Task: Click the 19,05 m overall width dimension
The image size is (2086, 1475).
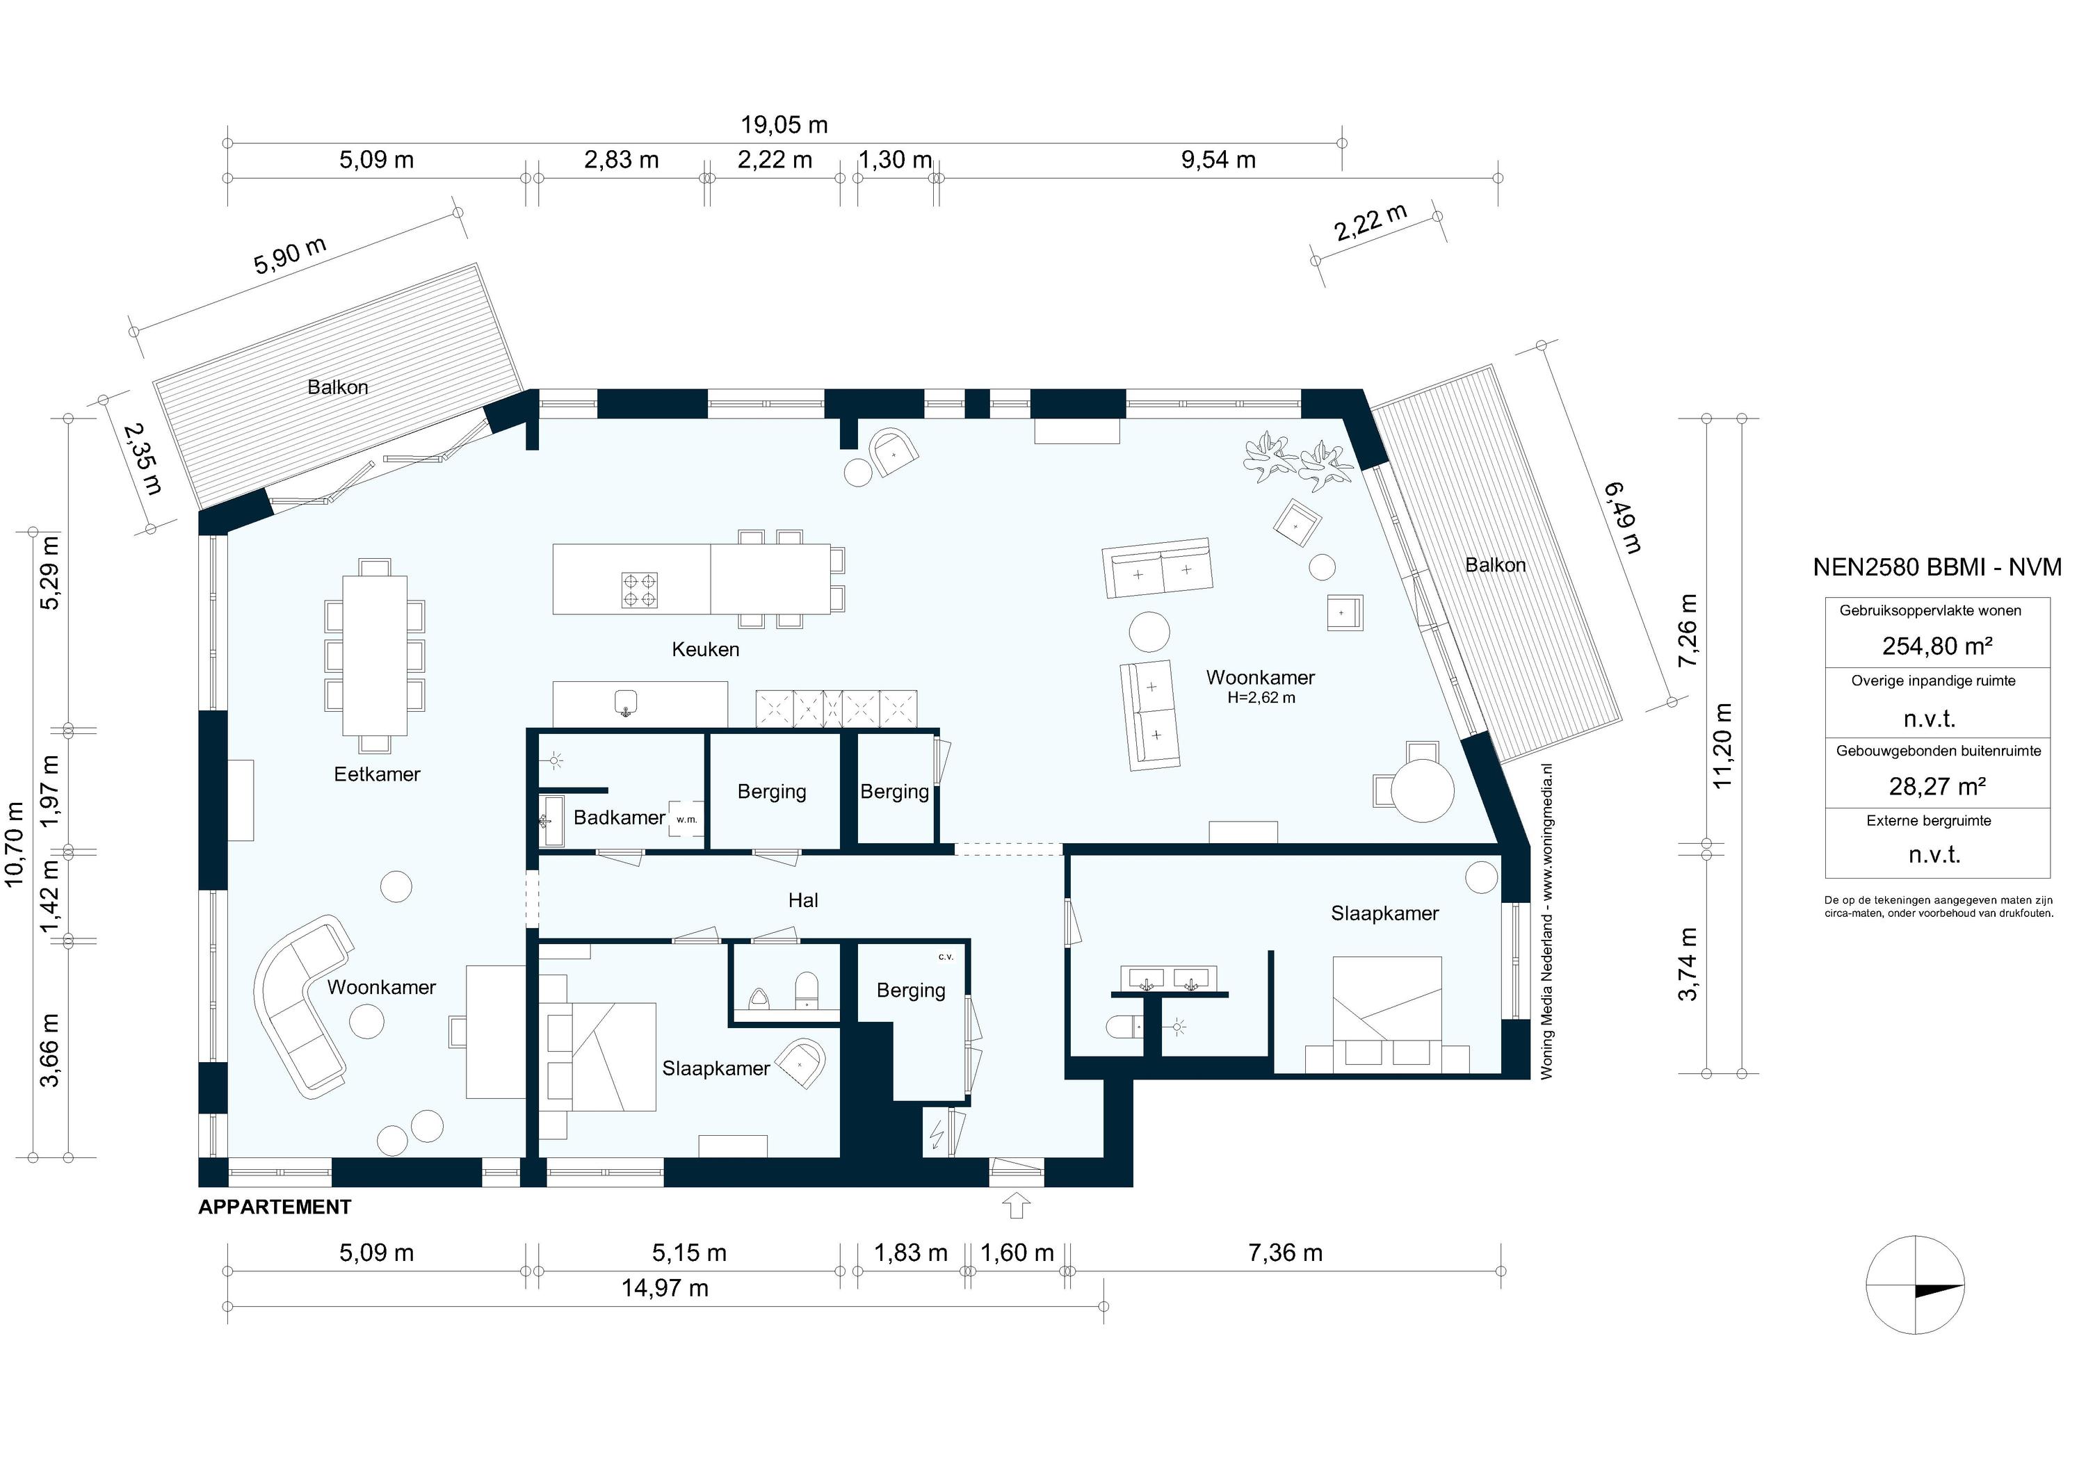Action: point(784,124)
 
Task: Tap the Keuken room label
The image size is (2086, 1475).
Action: point(705,649)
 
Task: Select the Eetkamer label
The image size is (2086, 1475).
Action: point(377,775)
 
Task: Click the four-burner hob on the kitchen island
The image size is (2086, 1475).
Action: point(640,590)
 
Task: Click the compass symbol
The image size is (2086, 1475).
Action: point(1914,1285)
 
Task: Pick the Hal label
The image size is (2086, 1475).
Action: point(803,900)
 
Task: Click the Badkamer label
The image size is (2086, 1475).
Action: point(619,817)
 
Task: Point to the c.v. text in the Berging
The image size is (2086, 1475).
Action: point(946,956)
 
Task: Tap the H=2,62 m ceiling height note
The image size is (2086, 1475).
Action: point(1261,698)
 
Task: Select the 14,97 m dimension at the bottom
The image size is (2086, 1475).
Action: point(664,1288)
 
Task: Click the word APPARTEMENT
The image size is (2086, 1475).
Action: point(275,1207)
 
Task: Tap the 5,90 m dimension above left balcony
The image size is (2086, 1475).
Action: point(290,256)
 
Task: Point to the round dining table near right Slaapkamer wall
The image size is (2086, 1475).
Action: point(1423,790)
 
